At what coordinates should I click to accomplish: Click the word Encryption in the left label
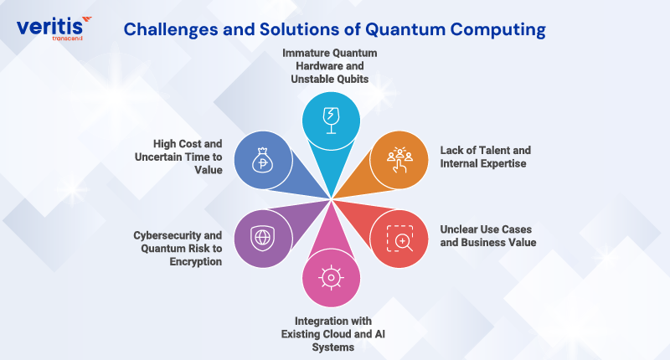tap(195, 261)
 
